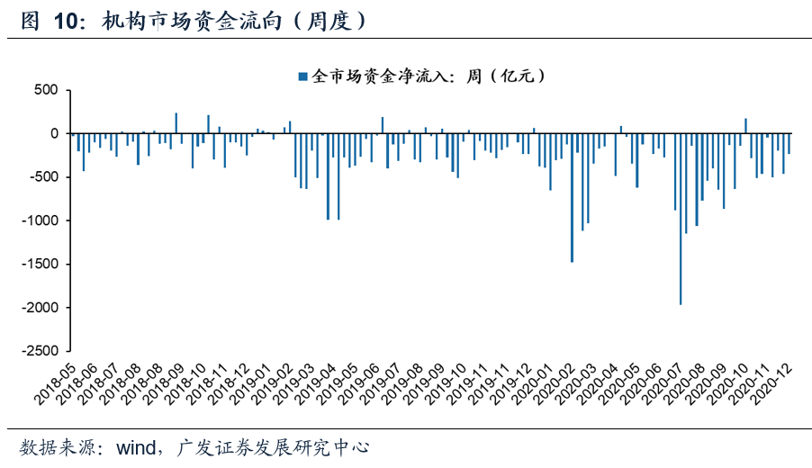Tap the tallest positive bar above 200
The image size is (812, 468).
176,123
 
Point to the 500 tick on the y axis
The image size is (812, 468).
45,90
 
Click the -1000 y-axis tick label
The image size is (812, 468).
40,220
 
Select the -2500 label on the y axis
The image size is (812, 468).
40,351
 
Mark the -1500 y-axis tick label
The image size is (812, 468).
40,264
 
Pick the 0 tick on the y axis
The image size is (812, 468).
54,133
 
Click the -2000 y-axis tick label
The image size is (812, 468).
40,308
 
